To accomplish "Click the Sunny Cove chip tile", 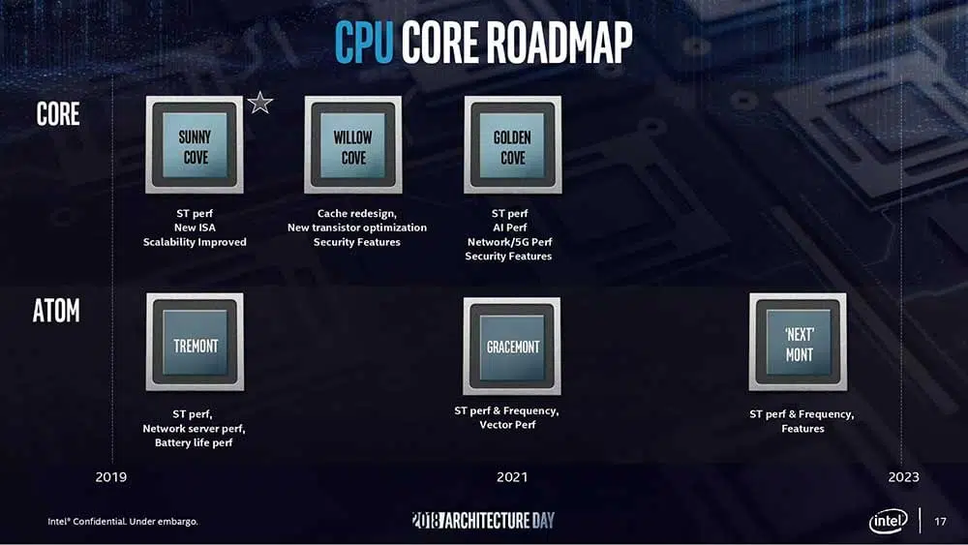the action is tap(195, 144).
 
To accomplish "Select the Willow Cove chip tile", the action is tap(353, 144).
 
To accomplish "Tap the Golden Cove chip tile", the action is tap(512, 144).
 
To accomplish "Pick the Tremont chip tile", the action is tap(196, 342).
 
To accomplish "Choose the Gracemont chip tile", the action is tap(512, 347).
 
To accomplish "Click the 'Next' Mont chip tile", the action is tap(799, 342).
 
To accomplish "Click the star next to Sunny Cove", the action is tap(260, 103).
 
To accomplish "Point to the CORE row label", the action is tap(58, 114).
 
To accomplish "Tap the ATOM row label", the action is tap(56, 311).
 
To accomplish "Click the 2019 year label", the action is tap(111, 477).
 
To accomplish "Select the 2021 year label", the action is tap(512, 477).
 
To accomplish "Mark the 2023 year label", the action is tap(904, 477).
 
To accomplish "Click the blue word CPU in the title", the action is tap(364, 42).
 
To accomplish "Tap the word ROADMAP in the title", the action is tap(560, 42).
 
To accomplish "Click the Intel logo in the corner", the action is tap(889, 522).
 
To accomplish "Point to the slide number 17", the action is tap(940, 522).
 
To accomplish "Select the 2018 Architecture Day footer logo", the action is tap(483, 520).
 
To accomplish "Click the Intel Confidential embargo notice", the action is tap(123, 522).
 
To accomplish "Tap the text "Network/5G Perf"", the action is tap(509, 242).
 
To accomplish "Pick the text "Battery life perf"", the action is tap(194, 442).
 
